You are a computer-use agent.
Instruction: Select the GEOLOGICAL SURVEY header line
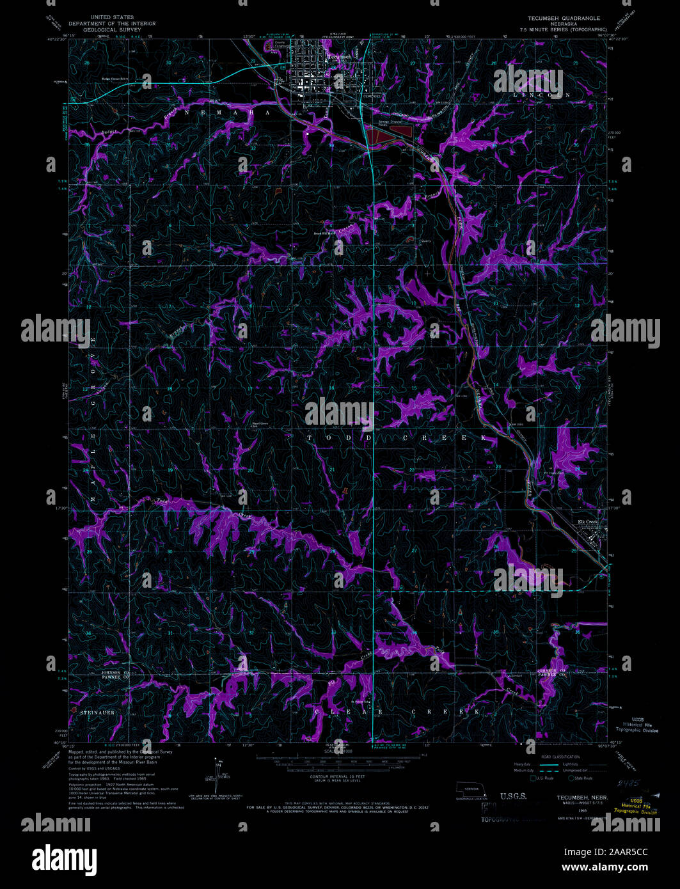[115, 29]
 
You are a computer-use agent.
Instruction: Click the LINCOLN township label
[541, 95]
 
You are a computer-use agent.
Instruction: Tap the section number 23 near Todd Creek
[498, 468]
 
